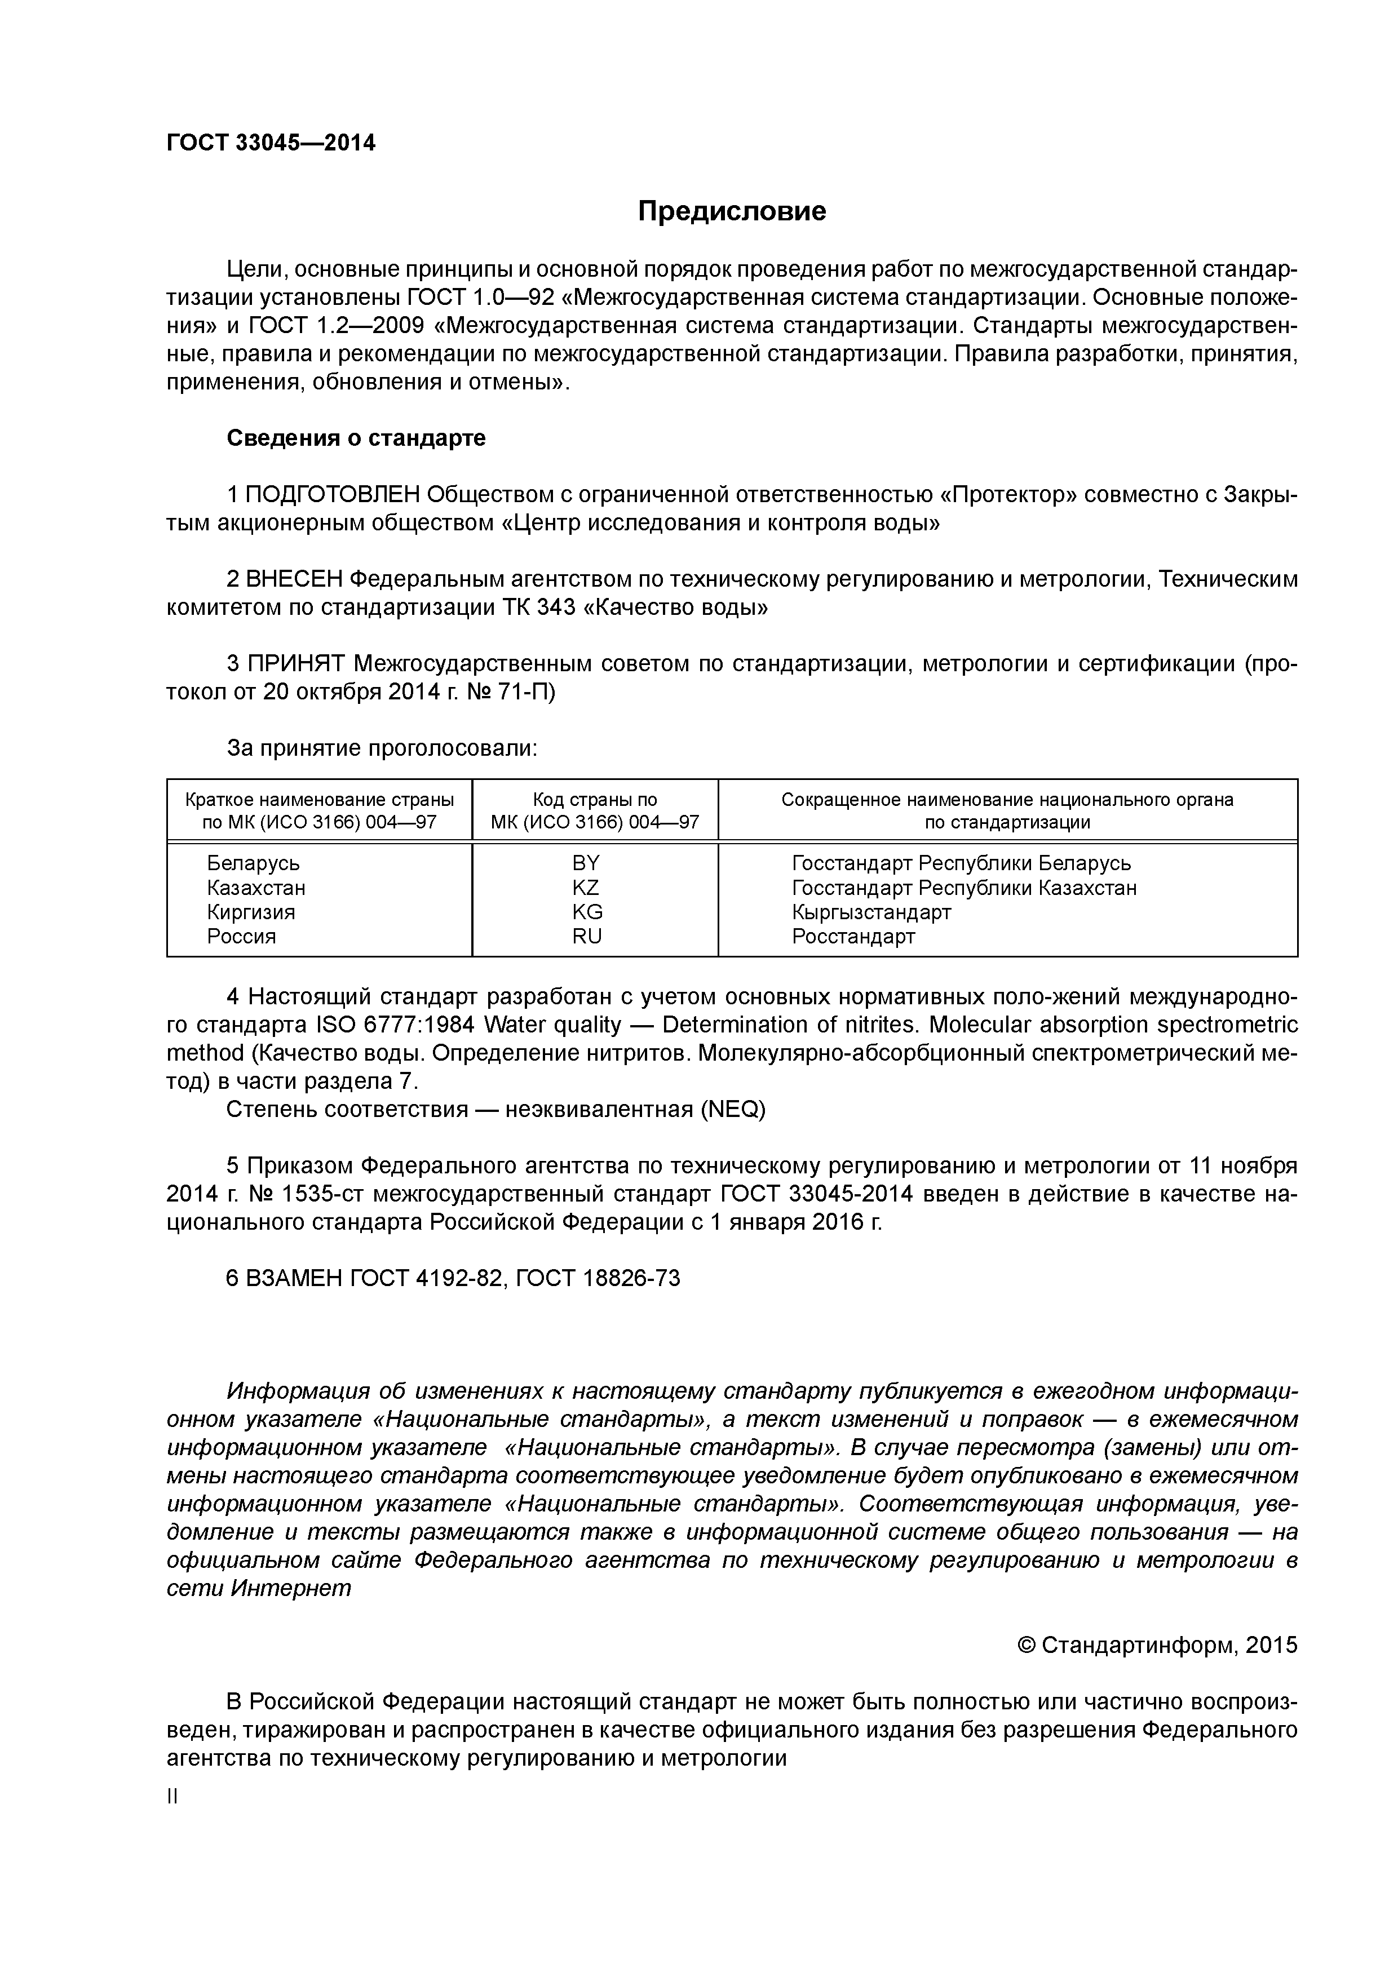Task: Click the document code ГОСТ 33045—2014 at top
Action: (271, 143)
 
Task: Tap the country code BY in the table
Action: (586, 863)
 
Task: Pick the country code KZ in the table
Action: (586, 888)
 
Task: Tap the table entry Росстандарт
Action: (853, 936)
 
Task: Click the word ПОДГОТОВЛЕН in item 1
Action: (333, 495)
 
